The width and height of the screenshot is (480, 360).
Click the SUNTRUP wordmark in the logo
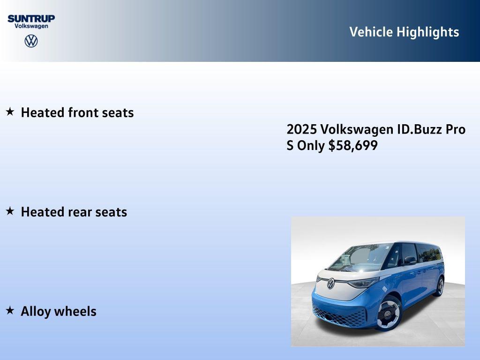[x=31, y=18]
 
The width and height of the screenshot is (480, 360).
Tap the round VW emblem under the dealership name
[x=31, y=41]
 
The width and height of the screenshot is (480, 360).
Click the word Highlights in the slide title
[x=427, y=32]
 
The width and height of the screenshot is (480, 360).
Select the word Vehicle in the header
[x=371, y=32]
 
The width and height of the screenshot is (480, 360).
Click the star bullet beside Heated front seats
[x=10, y=112]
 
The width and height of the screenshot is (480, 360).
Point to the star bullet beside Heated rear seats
[x=10, y=211]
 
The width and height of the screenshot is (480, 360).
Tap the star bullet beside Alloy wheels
[x=10, y=310]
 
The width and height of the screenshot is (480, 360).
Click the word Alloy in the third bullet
[x=36, y=312]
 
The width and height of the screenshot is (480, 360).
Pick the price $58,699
[x=353, y=146]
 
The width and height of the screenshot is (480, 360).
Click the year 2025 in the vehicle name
[x=302, y=129]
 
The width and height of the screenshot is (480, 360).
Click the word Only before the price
[x=311, y=146]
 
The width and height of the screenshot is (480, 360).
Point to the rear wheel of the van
[x=439, y=286]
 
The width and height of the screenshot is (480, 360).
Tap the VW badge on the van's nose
[x=331, y=283]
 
